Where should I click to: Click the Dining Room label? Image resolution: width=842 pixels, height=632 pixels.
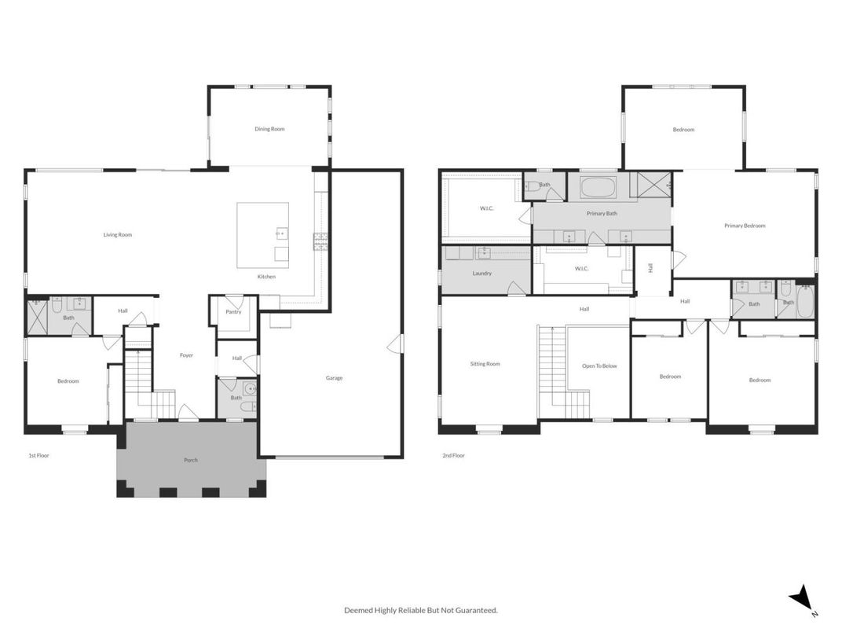(269, 129)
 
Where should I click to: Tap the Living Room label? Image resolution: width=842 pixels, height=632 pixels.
(118, 234)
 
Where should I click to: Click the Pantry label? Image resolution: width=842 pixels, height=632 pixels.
(233, 312)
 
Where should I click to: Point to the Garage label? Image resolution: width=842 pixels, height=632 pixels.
(334, 378)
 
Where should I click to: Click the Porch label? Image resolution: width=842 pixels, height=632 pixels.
(191, 460)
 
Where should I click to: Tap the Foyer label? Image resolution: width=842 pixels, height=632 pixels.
(186, 355)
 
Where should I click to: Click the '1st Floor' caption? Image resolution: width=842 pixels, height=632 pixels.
(38, 455)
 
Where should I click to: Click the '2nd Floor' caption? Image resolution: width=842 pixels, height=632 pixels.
(453, 455)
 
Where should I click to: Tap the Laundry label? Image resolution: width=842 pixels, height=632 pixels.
(482, 274)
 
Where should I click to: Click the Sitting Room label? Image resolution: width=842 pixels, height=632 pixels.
(485, 364)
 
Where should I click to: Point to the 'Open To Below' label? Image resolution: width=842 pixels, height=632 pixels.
(599, 366)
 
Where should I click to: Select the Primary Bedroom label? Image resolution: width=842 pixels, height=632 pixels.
(744, 226)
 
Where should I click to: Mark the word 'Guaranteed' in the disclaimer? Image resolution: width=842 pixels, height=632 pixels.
(476, 610)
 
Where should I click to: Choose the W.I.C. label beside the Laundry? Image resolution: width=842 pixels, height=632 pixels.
(581, 269)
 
